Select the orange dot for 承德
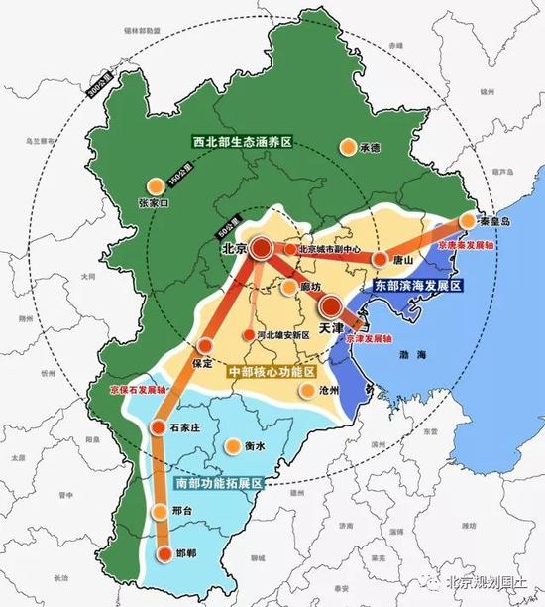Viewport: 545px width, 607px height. point(348,147)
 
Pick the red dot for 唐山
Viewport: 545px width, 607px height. point(380,259)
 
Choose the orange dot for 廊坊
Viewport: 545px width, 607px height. point(287,288)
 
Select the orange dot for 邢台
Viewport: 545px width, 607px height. point(161,512)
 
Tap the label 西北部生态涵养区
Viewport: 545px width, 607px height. point(243,143)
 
